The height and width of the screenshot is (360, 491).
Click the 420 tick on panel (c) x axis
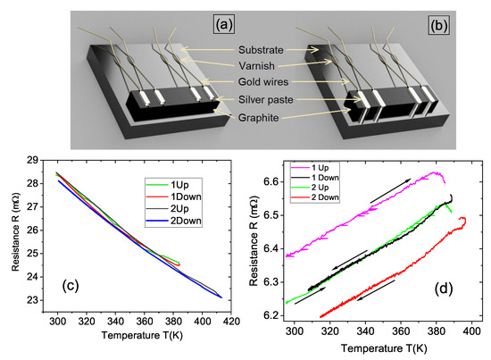click(x=229, y=320)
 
